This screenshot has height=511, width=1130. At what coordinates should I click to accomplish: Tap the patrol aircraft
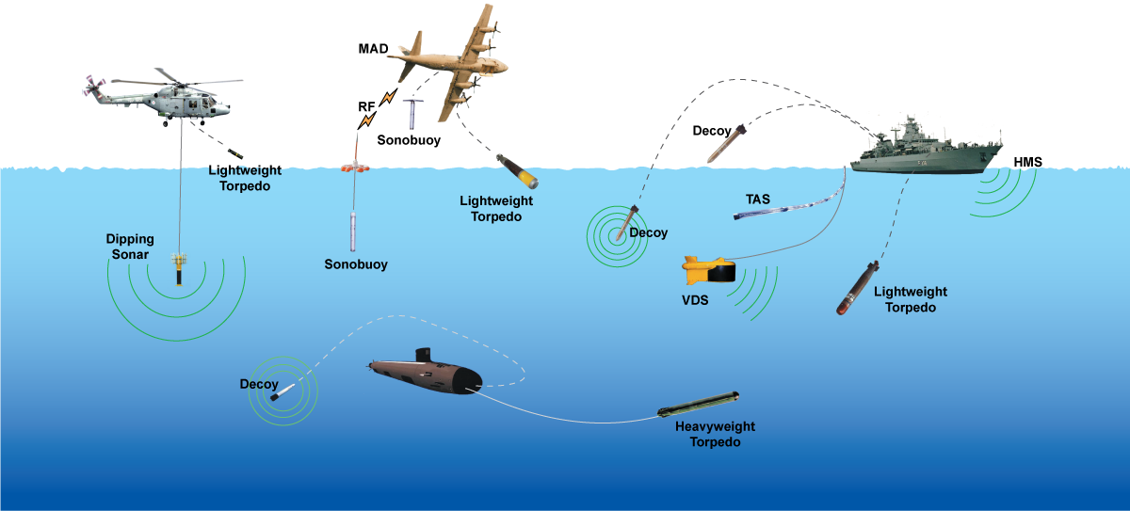tap(452, 61)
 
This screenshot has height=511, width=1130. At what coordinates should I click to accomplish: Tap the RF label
tap(366, 107)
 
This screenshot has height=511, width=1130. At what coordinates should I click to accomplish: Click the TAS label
tap(759, 199)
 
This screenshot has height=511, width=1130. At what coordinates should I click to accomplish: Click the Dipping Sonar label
tap(129, 247)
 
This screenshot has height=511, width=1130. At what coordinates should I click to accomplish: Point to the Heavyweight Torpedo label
tap(715, 434)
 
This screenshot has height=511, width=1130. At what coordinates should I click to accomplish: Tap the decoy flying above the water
tap(727, 142)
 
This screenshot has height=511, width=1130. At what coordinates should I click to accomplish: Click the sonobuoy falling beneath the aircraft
tap(411, 113)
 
